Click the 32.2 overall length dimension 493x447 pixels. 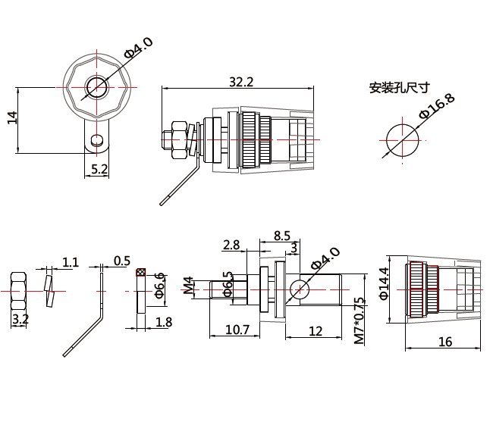(x=241, y=82)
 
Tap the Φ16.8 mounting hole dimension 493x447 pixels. (x=437, y=106)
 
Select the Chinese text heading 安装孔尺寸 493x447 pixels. (x=399, y=88)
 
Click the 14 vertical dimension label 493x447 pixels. (x=12, y=117)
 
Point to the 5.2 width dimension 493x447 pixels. (x=99, y=169)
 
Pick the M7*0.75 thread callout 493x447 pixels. (x=360, y=320)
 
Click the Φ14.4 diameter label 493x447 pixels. (x=384, y=283)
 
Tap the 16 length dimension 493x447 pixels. (x=445, y=342)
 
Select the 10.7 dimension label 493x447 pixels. (x=237, y=330)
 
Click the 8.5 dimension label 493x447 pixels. (x=282, y=236)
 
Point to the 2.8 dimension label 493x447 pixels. (x=231, y=245)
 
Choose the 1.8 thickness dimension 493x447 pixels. (x=164, y=322)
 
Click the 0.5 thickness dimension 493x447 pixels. (x=122, y=261)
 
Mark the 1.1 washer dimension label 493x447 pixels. (x=71, y=262)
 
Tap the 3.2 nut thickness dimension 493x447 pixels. (x=20, y=320)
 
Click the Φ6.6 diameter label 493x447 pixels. (x=160, y=286)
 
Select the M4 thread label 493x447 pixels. (x=188, y=285)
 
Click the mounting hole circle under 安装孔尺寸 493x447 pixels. (x=403, y=140)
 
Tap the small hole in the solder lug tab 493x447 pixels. (x=96, y=139)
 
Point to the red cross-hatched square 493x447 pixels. (x=141, y=272)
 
